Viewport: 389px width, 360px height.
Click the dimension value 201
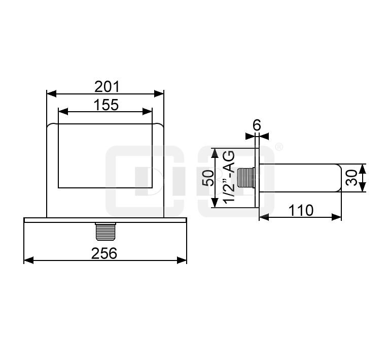click(x=107, y=87)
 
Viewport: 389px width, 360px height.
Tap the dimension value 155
click(x=106, y=105)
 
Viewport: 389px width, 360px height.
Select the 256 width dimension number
click(x=104, y=253)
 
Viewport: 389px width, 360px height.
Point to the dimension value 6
click(x=257, y=125)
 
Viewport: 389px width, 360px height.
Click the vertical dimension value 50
click(x=208, y=178)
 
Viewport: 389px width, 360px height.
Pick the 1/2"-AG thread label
click(x=229, y=177)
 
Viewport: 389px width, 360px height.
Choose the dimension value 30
click(x=351, y=178)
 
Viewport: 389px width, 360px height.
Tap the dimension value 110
click(x=301, y=210)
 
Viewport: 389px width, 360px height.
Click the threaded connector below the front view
click(x=105, y=232)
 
